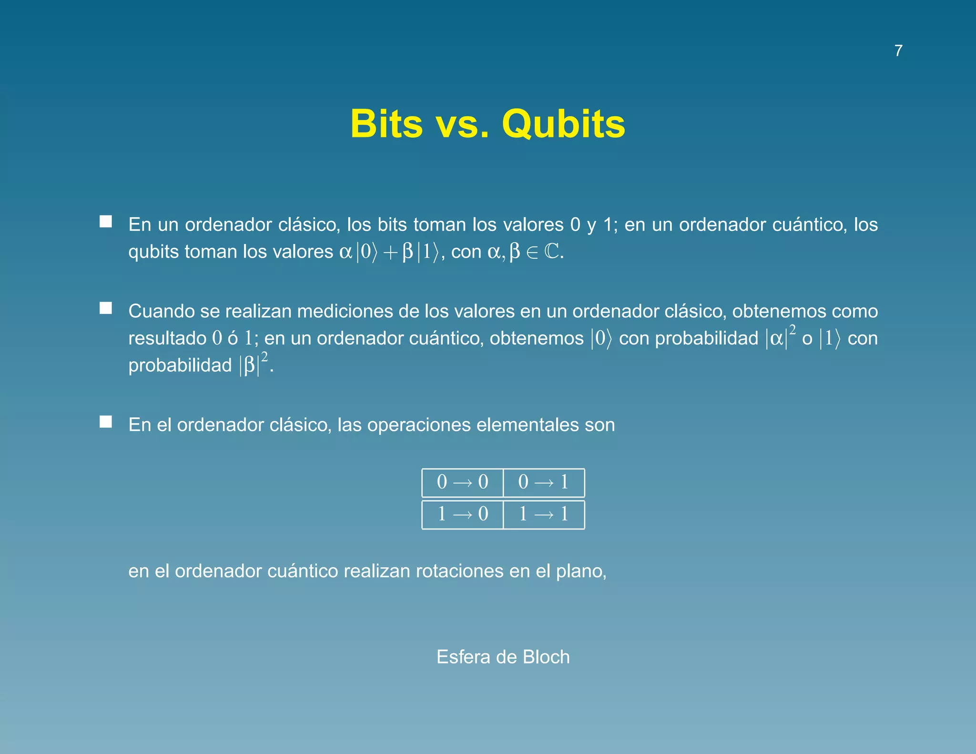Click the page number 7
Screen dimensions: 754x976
pyautogui.click(x=898, y=51)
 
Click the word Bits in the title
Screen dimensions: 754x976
pyautogui.click(x=386, y=124)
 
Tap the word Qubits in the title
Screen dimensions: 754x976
pyautogui.click(x=563, y=124)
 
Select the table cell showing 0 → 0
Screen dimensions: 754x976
pyautogui.click(x=462, y=482)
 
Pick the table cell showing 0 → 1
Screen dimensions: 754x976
pyautogui.click(x=544, y=482)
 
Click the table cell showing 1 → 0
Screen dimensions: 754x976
pyautogui.click(x=462, y=514)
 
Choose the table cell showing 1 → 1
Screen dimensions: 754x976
pyautogui.click(x=544, y=514)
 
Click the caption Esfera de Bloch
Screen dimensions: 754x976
pyautogui.click(x=503, y=657)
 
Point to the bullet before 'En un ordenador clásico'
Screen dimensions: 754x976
pyautogui.click(x=106, y=222)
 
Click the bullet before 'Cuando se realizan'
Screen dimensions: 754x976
pyautogui.click(x=106, y=308)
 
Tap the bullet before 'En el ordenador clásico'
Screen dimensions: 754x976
pyautogui.click(x=106, y=422)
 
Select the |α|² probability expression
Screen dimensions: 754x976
pyautogui.click(x=780, y=337)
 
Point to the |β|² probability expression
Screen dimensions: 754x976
pyautogui.click(x=253, y=365)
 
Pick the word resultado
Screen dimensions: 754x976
pyautogui.click(x=167, y=338)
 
